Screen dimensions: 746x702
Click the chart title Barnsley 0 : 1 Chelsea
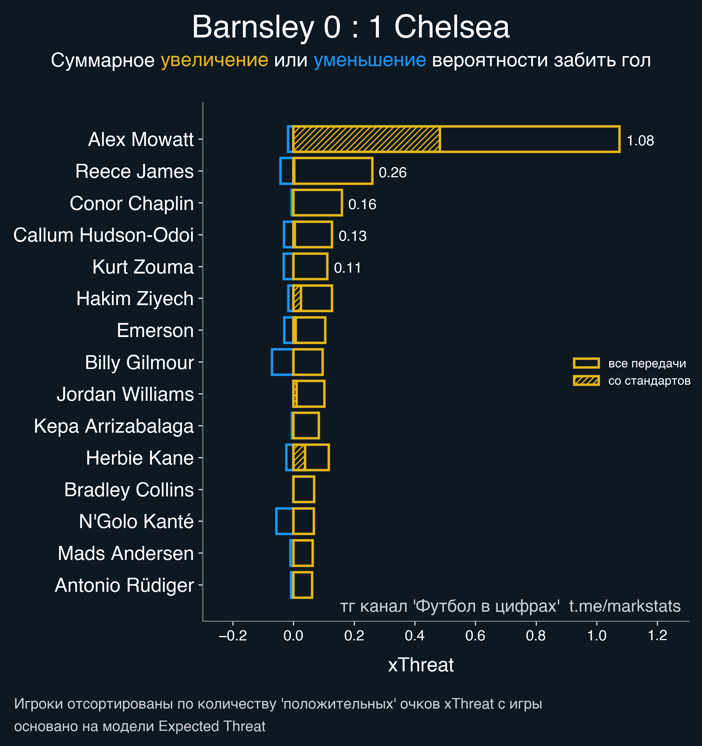point(351,27)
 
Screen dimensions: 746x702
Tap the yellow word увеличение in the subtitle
point(214,60)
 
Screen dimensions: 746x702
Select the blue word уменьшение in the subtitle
point(369,60)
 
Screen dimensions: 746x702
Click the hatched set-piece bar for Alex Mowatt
point(366,139)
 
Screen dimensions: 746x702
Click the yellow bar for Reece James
point(333,171)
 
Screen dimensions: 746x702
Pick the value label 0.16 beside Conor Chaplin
point(362,204)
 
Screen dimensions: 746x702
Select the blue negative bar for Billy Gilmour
point(282,362)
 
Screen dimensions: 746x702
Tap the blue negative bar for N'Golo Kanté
point(284,521)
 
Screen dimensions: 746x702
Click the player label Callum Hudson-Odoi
point(104,235)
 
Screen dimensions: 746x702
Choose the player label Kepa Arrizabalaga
point(114,426)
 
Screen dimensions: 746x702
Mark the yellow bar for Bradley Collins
point(304,489)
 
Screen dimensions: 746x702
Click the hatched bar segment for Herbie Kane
point(299,458)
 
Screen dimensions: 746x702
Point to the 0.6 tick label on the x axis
point(475,636)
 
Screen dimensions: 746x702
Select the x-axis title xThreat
point(421,665)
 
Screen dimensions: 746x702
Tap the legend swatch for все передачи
point(586,363)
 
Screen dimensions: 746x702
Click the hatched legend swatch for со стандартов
point(586,381)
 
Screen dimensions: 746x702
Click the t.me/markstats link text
point(625,606)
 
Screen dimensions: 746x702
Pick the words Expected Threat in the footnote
point(212,726)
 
